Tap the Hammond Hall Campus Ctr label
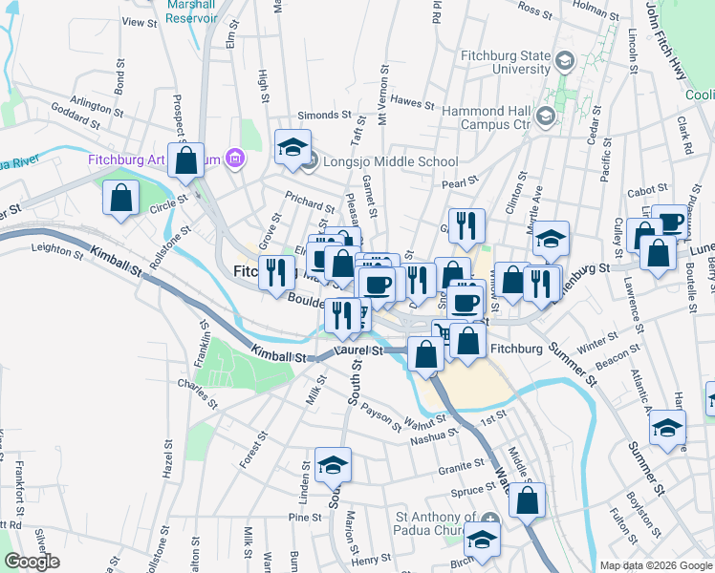487,117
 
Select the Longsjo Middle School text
391,162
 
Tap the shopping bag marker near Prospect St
186,160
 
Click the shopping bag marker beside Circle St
121,199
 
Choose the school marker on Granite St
333,465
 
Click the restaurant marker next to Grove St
276,271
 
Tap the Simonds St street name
325,115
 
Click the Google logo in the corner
32,561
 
